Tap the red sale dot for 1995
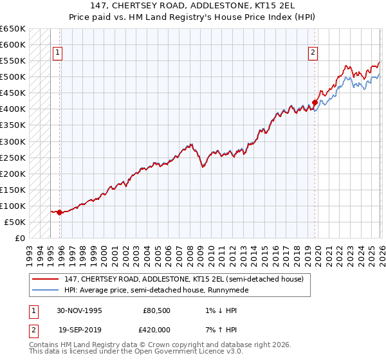tap(59, 212)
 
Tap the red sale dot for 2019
tap(315, 102)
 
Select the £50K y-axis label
tap(15, 222)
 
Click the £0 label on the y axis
tap(20, 238)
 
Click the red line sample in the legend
tap(46, 279)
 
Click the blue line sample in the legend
tap(46, 290)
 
